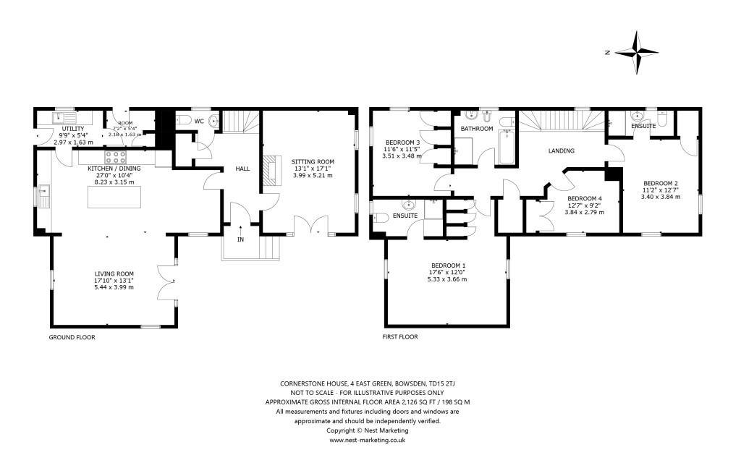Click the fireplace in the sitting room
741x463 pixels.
coord(270,173)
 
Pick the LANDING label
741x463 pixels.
coord(561,151)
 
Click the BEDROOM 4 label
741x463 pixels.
coord(584,198)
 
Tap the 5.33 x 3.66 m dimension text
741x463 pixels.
coord(448,279)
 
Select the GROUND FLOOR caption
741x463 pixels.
coord(72,337)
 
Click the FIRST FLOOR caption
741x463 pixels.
coord(399,337)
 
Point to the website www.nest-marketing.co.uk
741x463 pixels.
coord(368,440)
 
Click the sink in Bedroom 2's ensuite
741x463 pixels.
coord(637,116)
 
